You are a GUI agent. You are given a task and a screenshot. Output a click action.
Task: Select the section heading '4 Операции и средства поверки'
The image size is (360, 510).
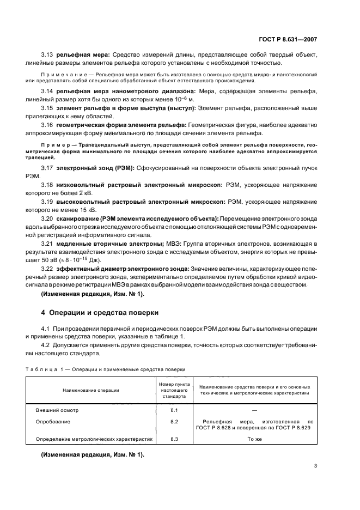pyautogui.click(x=100, y=313)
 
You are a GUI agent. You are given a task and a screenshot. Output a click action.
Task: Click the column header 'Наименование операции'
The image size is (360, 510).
pyautogui.click(x=91, y=390)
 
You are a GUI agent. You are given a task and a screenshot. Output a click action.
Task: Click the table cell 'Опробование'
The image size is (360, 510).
pyautogui.click(x=53, y=421)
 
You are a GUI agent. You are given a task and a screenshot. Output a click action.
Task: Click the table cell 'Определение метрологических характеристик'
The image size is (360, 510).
pyautogui.click(x=94, y=438)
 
